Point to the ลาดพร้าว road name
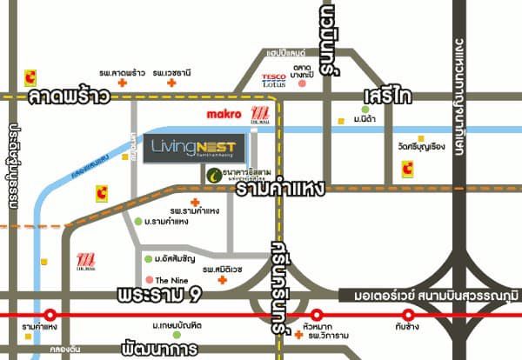coord(69,97)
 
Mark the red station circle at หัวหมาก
coord(318,315)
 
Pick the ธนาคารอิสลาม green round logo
coord(213,175)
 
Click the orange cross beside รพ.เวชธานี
coord(172,83)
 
